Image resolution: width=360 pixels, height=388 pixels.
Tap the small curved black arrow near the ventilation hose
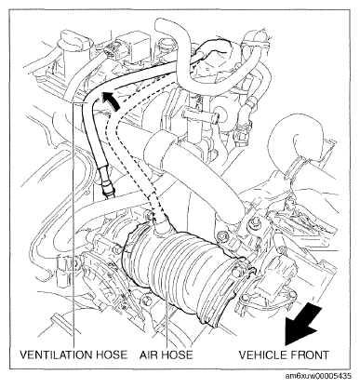(x=110, y=100)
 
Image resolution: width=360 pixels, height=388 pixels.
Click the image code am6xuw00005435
(x=318, y=376)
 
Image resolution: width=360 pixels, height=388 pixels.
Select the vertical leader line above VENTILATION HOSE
(x=74, y=225)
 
